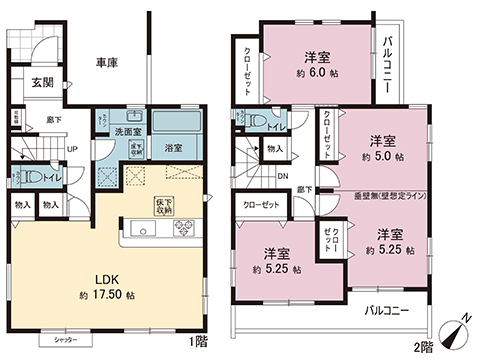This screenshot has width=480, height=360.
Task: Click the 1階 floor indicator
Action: pos(200,340)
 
